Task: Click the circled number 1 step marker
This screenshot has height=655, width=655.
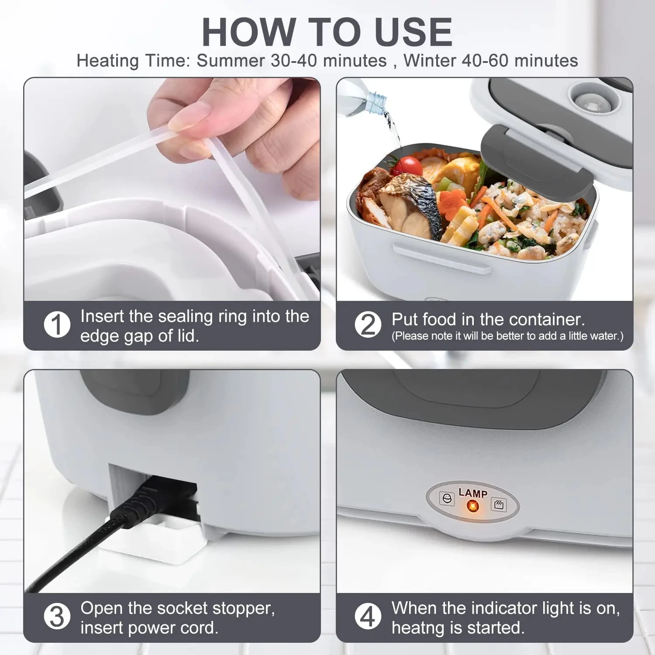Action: click(x=57, y=324)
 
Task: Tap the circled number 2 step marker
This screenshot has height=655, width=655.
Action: click(x=368, y=324)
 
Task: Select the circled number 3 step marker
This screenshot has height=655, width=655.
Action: click(x=57, y=616)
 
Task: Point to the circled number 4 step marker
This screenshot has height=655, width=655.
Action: click(x=368, y=616)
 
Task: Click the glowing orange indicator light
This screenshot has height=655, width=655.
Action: click(x=472, y=506)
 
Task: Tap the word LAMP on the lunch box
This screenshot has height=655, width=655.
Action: click(x=472, y=493)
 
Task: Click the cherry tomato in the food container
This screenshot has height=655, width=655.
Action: click(x=409, y=166)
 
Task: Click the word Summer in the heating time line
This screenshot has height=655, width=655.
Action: click(x=231, y=61)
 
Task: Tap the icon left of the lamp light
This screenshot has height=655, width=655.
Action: click(x=447, y=499)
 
